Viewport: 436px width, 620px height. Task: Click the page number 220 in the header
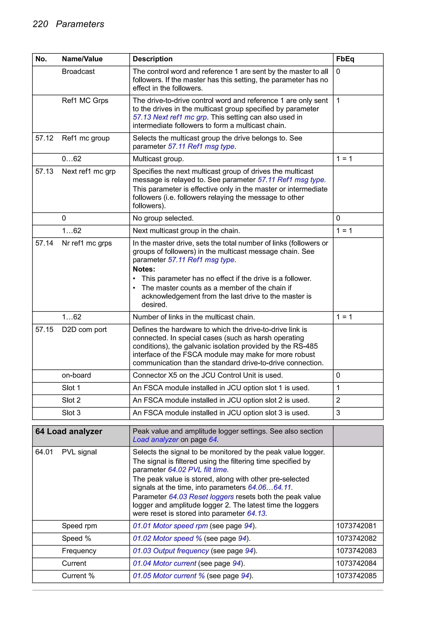tap(40, 24)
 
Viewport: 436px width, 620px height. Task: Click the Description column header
tap(152, 59)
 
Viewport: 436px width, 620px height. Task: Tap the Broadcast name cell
tap(78, 72)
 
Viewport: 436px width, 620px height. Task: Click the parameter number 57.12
tap(44, 138)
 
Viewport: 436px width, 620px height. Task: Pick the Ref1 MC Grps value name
tap(85, 101)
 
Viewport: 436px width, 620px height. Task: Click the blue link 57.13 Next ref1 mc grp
tap(170, 117)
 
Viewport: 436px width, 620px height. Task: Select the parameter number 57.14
tap(44, 243)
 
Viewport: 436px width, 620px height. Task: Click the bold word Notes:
tap(144, 269)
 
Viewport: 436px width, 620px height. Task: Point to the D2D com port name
tap(84, 330)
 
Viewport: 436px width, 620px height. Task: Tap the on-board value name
tap(76, 375)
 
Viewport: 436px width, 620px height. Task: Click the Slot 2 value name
tap(71, 400)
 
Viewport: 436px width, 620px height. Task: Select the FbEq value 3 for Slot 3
tap(338, 413)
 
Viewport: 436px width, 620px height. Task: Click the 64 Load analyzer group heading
tap(69, 432)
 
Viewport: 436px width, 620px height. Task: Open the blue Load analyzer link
tap(155, 440)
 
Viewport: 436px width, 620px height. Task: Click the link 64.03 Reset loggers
tap(201, 497)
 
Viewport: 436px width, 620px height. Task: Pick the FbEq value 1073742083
tap(356, 551)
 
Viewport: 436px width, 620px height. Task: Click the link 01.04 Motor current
tap(164, 564)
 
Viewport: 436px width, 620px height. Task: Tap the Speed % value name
tap(76, 538)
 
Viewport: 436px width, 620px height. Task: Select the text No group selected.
tap(163, 218)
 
